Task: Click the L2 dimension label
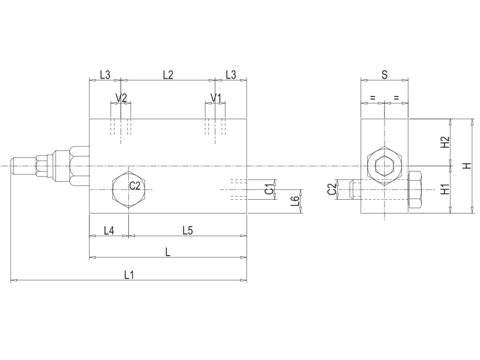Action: tap(168, 74)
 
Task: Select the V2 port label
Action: tap(121, 98)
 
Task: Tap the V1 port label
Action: tap(216, 98)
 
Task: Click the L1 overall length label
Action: tap(129, 275)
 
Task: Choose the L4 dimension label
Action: tap(109, 230)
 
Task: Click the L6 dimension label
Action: tap(294, 202)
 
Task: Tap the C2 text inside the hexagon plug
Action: tap(135, 186)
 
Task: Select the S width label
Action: tap(384, 74)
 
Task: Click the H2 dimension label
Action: tap(445, 142)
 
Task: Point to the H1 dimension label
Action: tap(445, 190)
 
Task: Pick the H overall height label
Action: tap(467, 166)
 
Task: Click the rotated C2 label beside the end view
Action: tap(332, 190)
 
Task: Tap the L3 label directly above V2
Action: tap(104, 74)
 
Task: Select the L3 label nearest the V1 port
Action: tap(230, 74)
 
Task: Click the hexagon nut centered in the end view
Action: tap(384, 166)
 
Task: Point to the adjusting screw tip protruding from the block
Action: tap(21, 166)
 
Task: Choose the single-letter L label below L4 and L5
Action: tap(168, 253)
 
